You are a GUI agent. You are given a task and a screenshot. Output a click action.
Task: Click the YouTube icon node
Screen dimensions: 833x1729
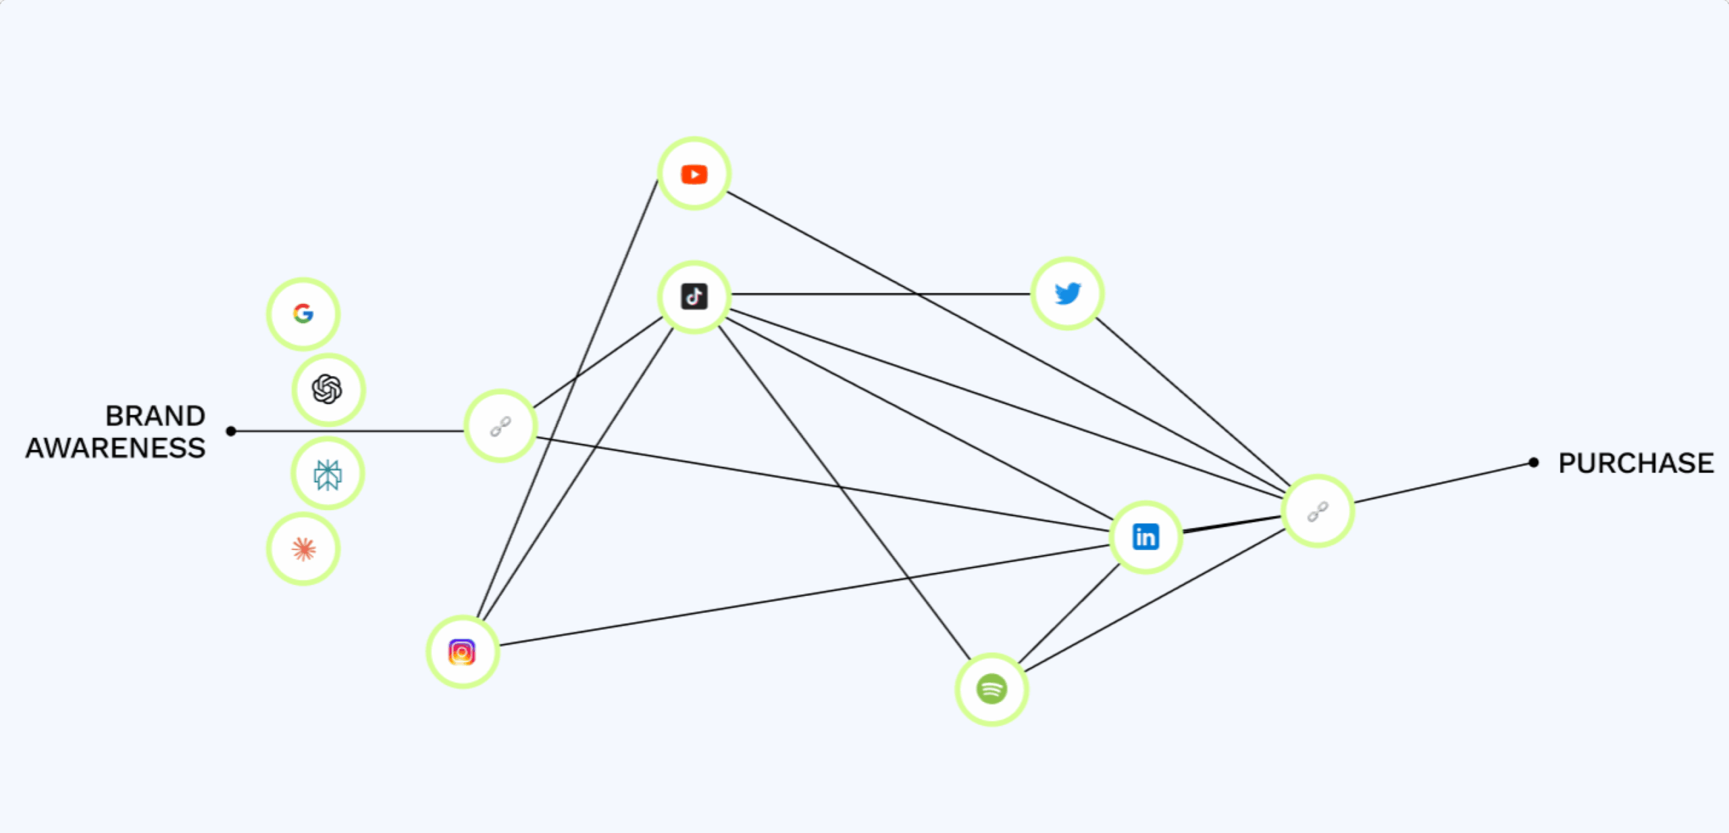click(x=694, y=174)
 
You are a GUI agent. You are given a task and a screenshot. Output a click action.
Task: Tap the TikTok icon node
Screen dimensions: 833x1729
click(x=694, y=297)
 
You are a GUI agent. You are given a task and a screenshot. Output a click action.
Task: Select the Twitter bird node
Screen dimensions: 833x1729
click(x=1067, y=293)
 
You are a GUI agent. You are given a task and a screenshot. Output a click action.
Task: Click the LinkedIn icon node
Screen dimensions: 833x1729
click(x=1145, y=537)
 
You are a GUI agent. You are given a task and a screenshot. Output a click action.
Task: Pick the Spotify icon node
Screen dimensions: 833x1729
click(x=991, y=689)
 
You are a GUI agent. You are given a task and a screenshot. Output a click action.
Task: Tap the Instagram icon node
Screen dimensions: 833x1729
click(x=462, y=652)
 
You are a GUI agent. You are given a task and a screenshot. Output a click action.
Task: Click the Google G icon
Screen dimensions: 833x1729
click(x=303, y=313)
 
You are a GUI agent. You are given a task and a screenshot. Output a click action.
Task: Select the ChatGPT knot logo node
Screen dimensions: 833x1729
click(x=328, y=389)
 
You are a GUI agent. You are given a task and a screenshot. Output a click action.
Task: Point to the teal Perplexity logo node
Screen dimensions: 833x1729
click(x=328, y=474)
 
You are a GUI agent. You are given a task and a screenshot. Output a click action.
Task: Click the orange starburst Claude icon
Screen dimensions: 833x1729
click(x=303, y=549)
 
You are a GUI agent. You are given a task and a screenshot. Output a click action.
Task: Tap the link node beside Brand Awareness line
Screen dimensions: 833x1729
click(x=500, y=426)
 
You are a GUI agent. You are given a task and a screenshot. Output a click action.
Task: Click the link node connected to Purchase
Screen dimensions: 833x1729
click(x=1318, y=511)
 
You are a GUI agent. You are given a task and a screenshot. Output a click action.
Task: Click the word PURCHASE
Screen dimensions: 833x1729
click(x=1636, y=463)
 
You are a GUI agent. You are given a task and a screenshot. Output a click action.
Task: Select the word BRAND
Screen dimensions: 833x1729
click(x=155, y=416)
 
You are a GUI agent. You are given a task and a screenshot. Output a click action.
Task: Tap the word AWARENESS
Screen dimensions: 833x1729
click(x=115, y=448)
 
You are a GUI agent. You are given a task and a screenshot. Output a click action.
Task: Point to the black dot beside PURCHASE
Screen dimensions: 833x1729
click(x=1534, y=463)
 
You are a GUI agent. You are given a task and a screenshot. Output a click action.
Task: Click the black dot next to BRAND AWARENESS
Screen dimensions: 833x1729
click(x=231, y=431)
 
